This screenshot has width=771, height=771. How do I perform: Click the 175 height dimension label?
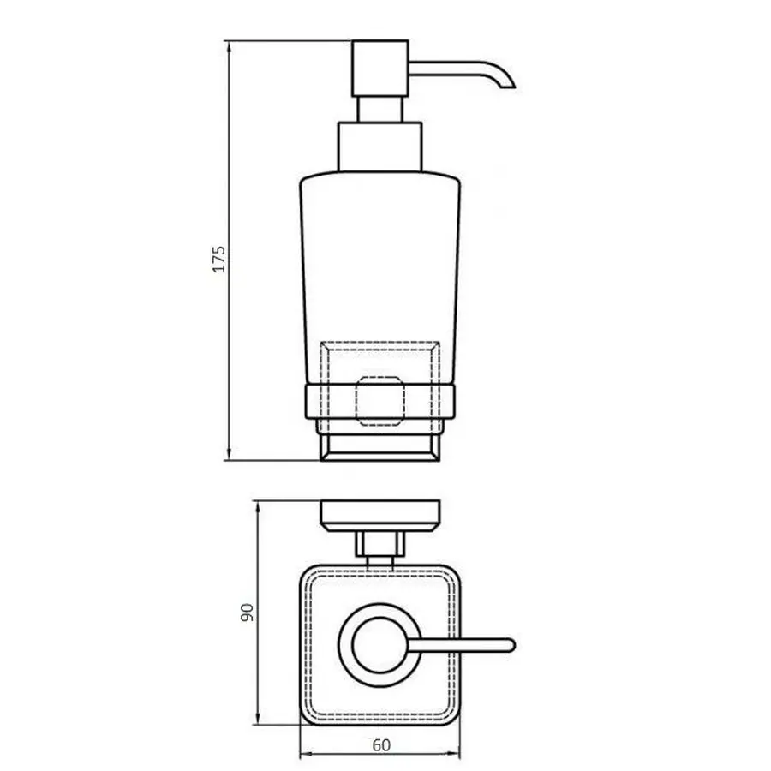218,259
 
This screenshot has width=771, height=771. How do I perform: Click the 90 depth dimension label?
247,612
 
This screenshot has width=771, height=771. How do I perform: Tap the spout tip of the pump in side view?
511,83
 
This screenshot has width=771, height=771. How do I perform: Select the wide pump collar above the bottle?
380,148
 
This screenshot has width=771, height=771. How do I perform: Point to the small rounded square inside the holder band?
380,399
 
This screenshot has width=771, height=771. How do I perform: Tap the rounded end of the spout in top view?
511,643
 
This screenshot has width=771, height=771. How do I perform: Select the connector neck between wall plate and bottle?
380,546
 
